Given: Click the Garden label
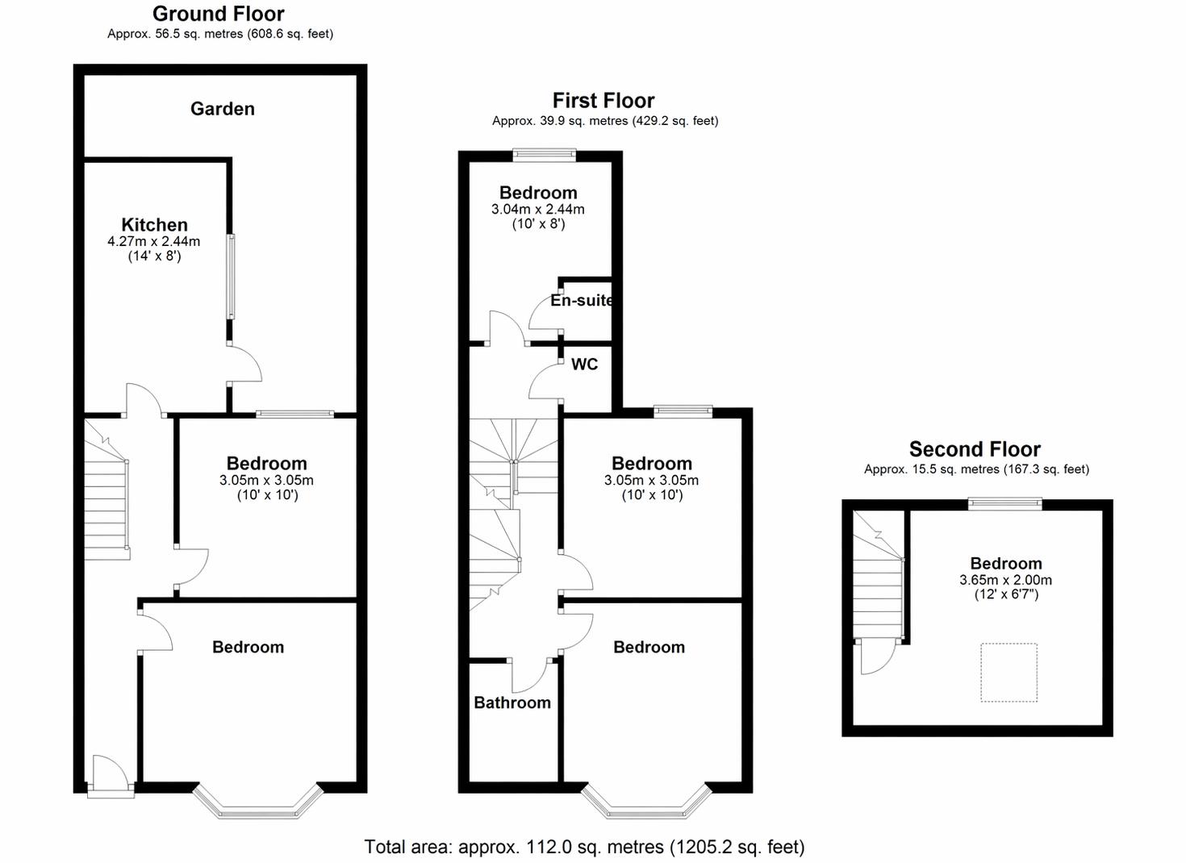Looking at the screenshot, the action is coord(223,109).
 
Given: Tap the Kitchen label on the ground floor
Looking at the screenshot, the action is coord(155,225).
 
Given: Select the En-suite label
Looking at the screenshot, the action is coord(582,300).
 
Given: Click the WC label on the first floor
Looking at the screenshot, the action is coord(584,365).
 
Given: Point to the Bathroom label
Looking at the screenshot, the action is coord(512,702).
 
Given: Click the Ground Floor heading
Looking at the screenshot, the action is coord(218,14).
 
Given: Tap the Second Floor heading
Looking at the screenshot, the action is coord(975,449).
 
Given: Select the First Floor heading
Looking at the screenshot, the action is coord(603,101).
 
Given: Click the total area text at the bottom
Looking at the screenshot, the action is coord(584,847).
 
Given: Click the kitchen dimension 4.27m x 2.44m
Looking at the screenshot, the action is coord(153,242).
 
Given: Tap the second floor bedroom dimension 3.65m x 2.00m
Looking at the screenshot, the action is coord(1005,580).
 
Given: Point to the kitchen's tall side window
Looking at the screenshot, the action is coord(231,277).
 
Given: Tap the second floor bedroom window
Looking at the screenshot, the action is coord(1005,503).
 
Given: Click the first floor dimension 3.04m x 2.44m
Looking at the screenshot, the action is coord(538,210).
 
